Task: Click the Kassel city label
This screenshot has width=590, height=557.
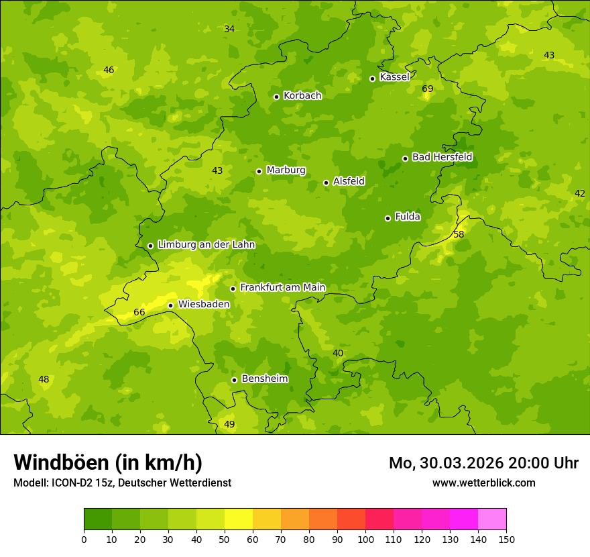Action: click(394, 77)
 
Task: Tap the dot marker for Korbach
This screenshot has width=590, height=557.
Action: click(276, 97)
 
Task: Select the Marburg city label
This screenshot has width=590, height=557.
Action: click(286, 170)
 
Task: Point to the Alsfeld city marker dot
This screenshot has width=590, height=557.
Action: click(327, 183)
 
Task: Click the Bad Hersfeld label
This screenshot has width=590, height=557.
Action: click(442, 157)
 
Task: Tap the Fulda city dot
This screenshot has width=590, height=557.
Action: click(388, 218)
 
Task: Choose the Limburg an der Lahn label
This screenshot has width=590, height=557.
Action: click(206, 245)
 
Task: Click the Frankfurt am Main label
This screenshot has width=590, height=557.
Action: click(282, 288)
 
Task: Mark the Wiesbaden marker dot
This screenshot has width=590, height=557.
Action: click(171, 305)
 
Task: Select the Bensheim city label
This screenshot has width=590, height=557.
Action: click(264, 379)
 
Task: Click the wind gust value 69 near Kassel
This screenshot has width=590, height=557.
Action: click(428, 89)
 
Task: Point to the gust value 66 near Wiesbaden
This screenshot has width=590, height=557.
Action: click(139, 313)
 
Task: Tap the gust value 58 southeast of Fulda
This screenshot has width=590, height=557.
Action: click(459, 235)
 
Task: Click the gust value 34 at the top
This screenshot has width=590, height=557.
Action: click(229, 30)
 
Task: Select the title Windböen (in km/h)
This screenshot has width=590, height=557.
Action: click(108, 462)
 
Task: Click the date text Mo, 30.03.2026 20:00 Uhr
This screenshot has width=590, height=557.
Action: click(483, 463)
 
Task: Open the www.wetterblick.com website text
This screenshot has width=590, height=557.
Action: click(483, 483)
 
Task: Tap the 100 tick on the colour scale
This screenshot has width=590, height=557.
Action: click(365, 539)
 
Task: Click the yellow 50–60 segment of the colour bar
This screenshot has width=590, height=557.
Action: click(239, 519)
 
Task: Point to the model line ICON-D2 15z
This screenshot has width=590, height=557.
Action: click(122, 483)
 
